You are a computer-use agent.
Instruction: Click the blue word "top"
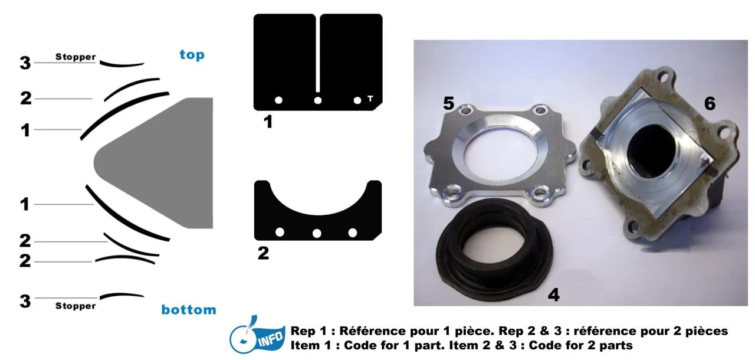click(x=192, y=55)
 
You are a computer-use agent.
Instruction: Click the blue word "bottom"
click(x=189, y=309)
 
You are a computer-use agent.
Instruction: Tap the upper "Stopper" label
click(x=75, y=57)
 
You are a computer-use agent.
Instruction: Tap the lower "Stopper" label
click(x=75, y=306)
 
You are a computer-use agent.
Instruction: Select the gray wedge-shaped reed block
click(x=159, y=163)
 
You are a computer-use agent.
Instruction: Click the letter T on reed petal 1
click(x=370, y=99)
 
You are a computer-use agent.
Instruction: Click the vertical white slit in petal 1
click(x=317, y=54)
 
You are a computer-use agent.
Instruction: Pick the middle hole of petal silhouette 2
click(x=317, y=233)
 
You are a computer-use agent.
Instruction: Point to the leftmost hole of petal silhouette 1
click(x=278, y=100)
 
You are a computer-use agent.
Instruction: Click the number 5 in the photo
click(x=448, y=103)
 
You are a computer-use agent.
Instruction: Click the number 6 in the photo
click(x=710, y=103)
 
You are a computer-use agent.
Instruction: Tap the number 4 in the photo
click(x=553, y=295)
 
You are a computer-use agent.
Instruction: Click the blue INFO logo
click(x=257, y=335)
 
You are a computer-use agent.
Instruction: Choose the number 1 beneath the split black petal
click(x=268, y=122)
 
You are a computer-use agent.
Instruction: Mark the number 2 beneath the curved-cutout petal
click(x=263, y=254)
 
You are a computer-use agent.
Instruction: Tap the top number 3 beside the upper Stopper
click(x=25, y=63)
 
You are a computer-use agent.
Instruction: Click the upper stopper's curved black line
click(x=122, y=65)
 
